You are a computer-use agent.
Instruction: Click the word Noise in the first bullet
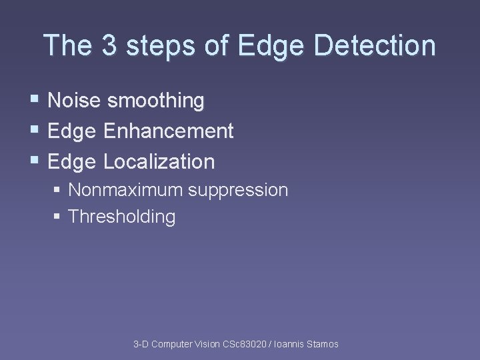tap(75, 101)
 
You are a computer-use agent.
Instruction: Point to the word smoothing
tap(156, 101)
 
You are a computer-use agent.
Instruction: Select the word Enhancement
tap(169, 131)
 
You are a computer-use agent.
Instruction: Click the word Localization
tap(159, 161)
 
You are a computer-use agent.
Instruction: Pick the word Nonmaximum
tap(125, 190)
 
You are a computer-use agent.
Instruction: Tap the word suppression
tap(238, 191)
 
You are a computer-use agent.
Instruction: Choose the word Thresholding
tap(122, 217)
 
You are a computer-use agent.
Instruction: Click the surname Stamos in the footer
tap(321, 344)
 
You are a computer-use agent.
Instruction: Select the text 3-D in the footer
tap(141, 344)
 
